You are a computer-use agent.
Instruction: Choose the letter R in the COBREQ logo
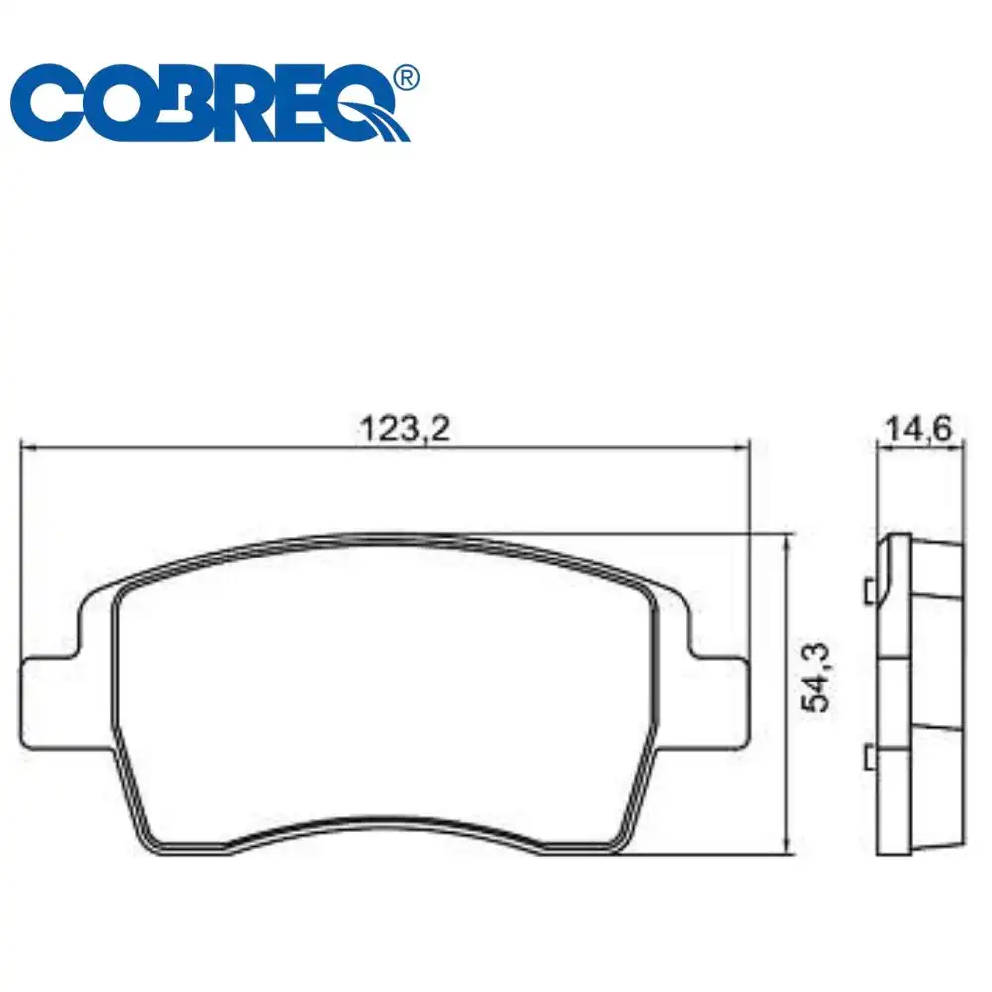[x=249, y=106]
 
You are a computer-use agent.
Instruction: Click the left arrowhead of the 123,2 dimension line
[x=28, y=447]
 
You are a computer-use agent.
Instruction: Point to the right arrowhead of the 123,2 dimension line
[x=741, y=447]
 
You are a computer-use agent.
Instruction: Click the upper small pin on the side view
[x=869, y=591]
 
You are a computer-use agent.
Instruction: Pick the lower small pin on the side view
[x=869, y=758]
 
